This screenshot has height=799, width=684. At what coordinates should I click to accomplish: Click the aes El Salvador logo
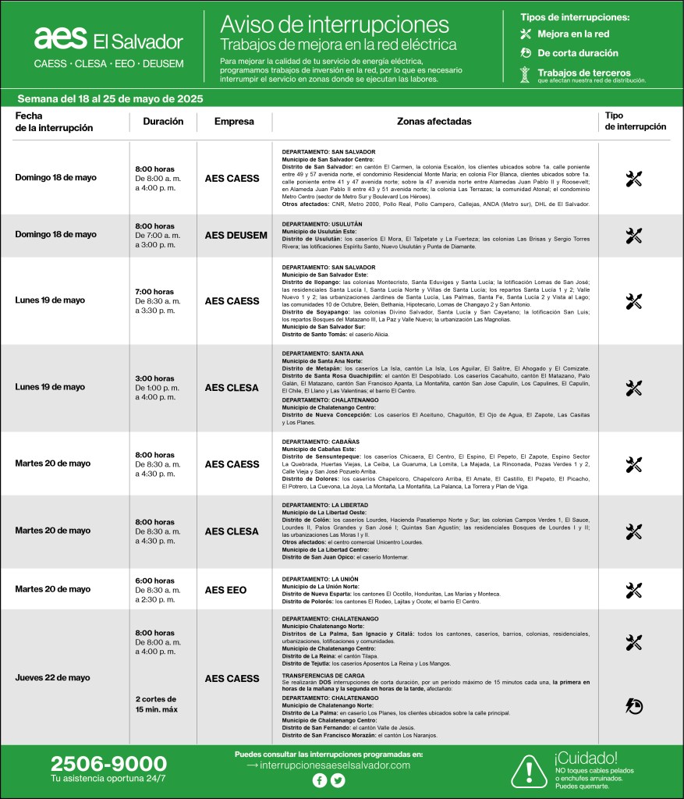point(108,39)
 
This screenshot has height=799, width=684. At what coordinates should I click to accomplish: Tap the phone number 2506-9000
point(108,764)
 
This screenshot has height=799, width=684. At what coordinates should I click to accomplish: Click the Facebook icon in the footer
point(320,780)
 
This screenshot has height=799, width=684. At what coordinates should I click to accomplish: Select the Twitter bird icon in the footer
point(338,780)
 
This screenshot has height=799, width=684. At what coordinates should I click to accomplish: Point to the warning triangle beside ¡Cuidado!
point(530,771)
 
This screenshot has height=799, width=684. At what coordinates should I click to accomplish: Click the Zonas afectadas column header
point(434,122)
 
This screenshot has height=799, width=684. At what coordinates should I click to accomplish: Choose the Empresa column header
point(234,122)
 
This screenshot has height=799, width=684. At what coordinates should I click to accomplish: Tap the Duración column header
point(163,122)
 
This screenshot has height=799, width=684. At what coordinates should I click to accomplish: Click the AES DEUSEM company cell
point(236,234)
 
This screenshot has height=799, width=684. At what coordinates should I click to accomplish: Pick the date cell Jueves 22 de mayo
point(52,677)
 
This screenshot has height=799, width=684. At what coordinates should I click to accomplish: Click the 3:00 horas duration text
point(154,378)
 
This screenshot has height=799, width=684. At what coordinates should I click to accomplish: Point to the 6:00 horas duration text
point(154,581)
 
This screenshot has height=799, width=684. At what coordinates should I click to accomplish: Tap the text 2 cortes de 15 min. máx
point(156,704)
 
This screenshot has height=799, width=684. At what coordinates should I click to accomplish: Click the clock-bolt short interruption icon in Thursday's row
point(633,706)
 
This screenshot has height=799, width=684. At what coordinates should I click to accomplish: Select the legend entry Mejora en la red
point(572,34)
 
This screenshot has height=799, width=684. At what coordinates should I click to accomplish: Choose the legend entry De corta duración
point(577,53)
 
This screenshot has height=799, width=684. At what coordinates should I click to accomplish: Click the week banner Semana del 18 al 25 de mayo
point(110,98)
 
